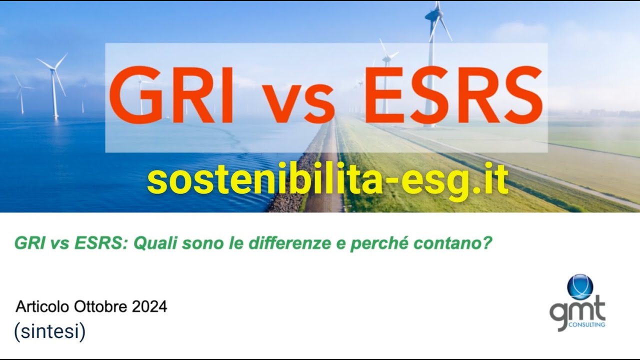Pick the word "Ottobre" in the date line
(x=101, y=306)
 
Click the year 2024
(x=149, y=306)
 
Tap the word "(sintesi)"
(x=49, y=332)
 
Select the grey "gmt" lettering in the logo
(x=577, y=310)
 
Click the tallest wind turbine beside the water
(x=53, y=85)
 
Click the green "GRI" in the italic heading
(x=27, y=243)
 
